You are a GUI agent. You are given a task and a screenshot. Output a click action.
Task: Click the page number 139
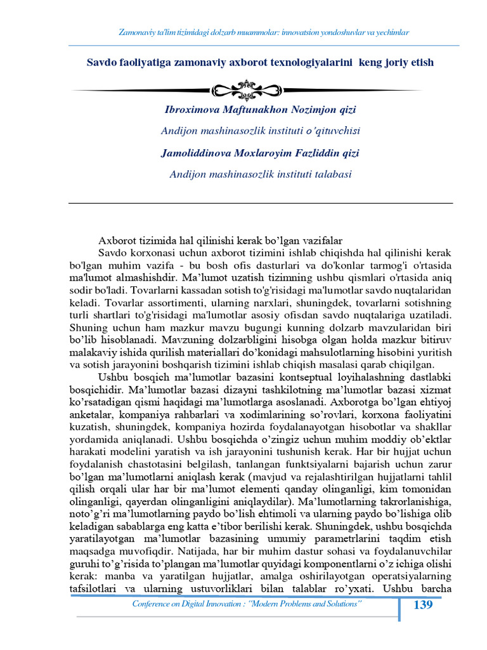(423, 605)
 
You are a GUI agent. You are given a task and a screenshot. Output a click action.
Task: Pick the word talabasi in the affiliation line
(331, 175)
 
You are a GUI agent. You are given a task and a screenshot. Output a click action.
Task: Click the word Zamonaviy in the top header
(138, 32)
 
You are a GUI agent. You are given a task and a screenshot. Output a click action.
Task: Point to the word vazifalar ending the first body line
(321, 241)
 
